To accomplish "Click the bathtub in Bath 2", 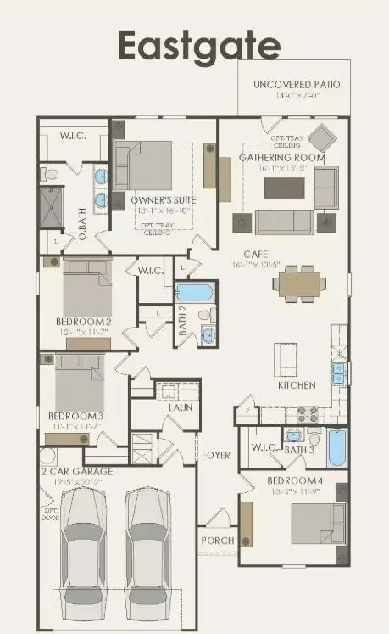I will tap(196, 293).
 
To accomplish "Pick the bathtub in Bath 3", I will tap(336, 449).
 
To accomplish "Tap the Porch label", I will tap(217, 541).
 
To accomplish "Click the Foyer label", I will tap(215, 456).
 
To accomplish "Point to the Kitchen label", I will tap(297, 385).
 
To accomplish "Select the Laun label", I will tap(180, 407).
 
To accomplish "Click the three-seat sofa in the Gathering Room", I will tap(284, 222).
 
